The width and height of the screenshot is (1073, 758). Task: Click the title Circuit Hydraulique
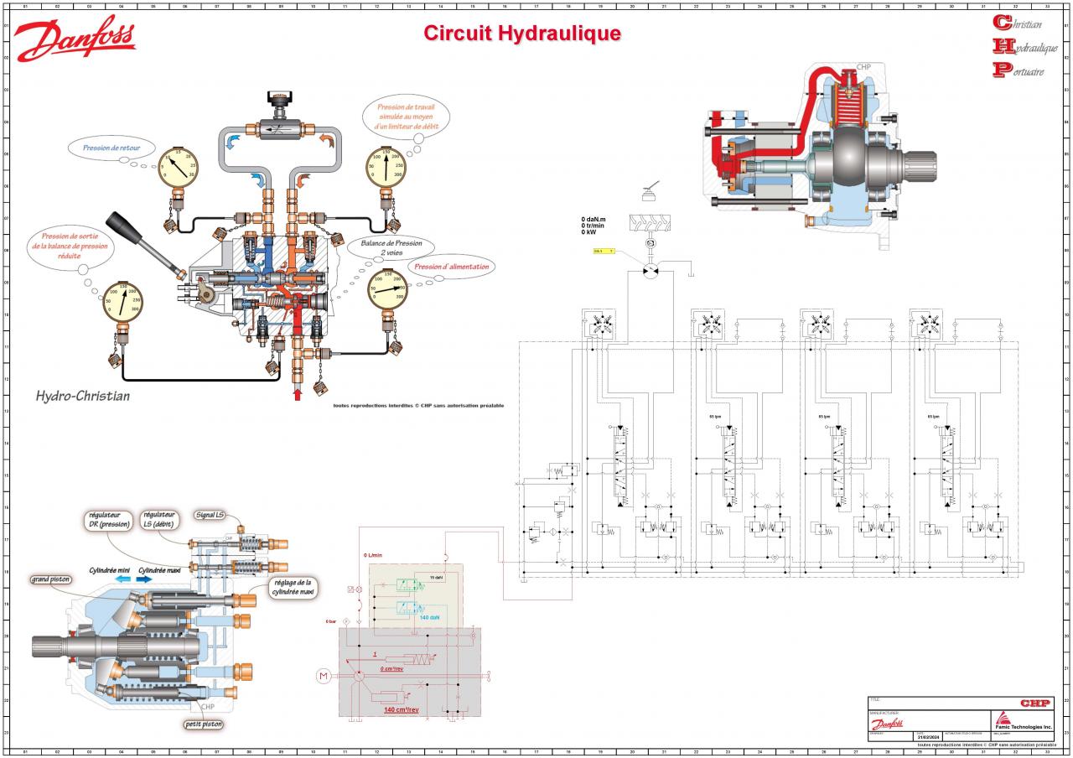pyautogui.click(x=521, y=34)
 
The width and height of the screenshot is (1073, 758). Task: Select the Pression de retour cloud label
pyautogui.click(x=111, y=148)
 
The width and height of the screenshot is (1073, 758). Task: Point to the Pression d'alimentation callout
pyautogui.click(x=450, y=267)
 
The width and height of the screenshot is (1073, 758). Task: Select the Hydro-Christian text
pyautogui.click(x=82, y=395)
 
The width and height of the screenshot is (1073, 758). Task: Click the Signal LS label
pyautogui.click(x=210, y=515)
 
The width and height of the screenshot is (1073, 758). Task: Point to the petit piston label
pyautogui.click(x=205, y=724)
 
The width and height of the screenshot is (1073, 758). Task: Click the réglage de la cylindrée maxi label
pyautogui.click(x=293, y=588)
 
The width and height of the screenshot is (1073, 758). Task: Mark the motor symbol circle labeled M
pyautogui.click(x=323, y=675)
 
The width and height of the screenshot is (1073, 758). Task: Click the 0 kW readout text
pyautogui.click(x=591, y=232)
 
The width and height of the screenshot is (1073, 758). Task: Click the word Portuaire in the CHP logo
pyautogui.click(x=1024, y=71)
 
